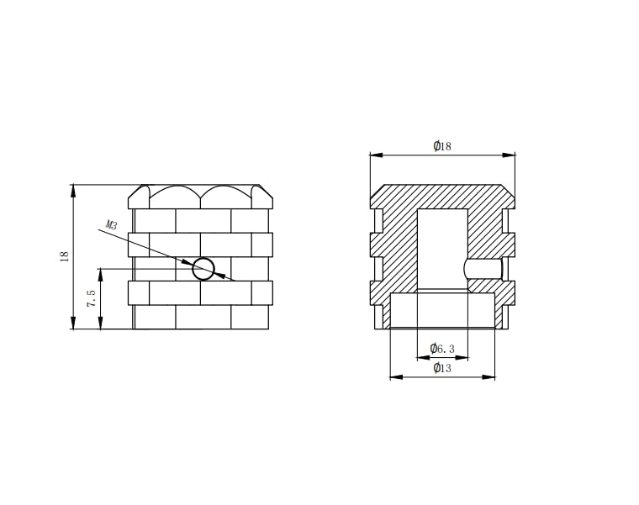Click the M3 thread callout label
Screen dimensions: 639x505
pos(112,224)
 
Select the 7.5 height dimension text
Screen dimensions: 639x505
pos(92,298)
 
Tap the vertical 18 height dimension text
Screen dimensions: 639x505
pos(65,256)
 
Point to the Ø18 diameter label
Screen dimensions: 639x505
pos(442,146)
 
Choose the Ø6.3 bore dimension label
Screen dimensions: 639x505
pos(442,348)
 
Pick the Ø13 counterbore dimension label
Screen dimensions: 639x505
pos(442,368)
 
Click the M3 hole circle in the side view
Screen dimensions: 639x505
pos(203,269)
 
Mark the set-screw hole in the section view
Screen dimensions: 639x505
pos(483,269)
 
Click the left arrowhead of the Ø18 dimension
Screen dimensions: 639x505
pos(377,155)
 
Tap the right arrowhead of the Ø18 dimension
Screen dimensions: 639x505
pos(509,155)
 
